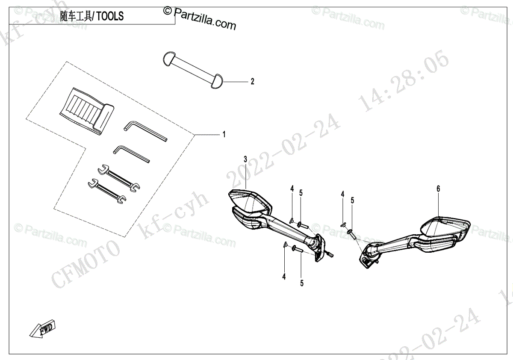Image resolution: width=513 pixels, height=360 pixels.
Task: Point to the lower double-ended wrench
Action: (x=107, y=190)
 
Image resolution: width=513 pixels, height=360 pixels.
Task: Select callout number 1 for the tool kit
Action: (x=223, y=135)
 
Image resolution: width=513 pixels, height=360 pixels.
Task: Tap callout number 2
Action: (x=252, y=81)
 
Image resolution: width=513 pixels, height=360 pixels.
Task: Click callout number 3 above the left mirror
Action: (x=245, y=159)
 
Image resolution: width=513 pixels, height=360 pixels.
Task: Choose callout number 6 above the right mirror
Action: (x=438, y=189)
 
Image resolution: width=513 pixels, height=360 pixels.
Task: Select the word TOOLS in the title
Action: (x=110, y=16)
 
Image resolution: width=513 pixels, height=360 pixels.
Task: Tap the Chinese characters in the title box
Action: (x=75, y=16)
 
